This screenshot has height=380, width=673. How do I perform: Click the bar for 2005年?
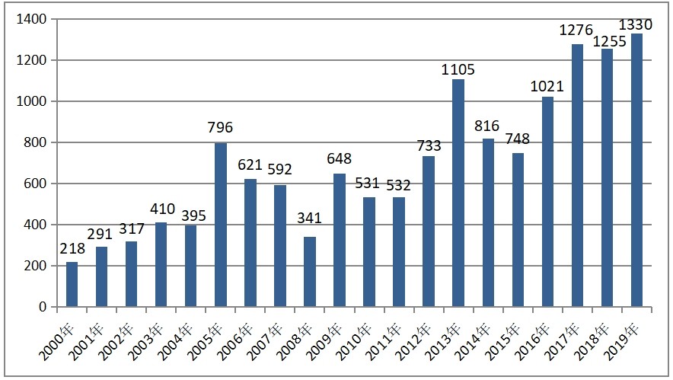[221, 225]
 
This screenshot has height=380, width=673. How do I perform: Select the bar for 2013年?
[458, 193]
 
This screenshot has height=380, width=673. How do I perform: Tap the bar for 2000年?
[72, 285]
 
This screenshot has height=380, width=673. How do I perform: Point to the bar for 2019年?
[636, 171]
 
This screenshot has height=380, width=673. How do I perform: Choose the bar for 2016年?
[547, 202]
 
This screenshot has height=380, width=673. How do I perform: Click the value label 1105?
[458, 70]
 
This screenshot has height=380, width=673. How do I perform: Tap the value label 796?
[221, 127]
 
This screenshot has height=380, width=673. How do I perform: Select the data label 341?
[310, 218]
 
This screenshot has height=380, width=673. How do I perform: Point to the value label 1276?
[577, 31]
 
